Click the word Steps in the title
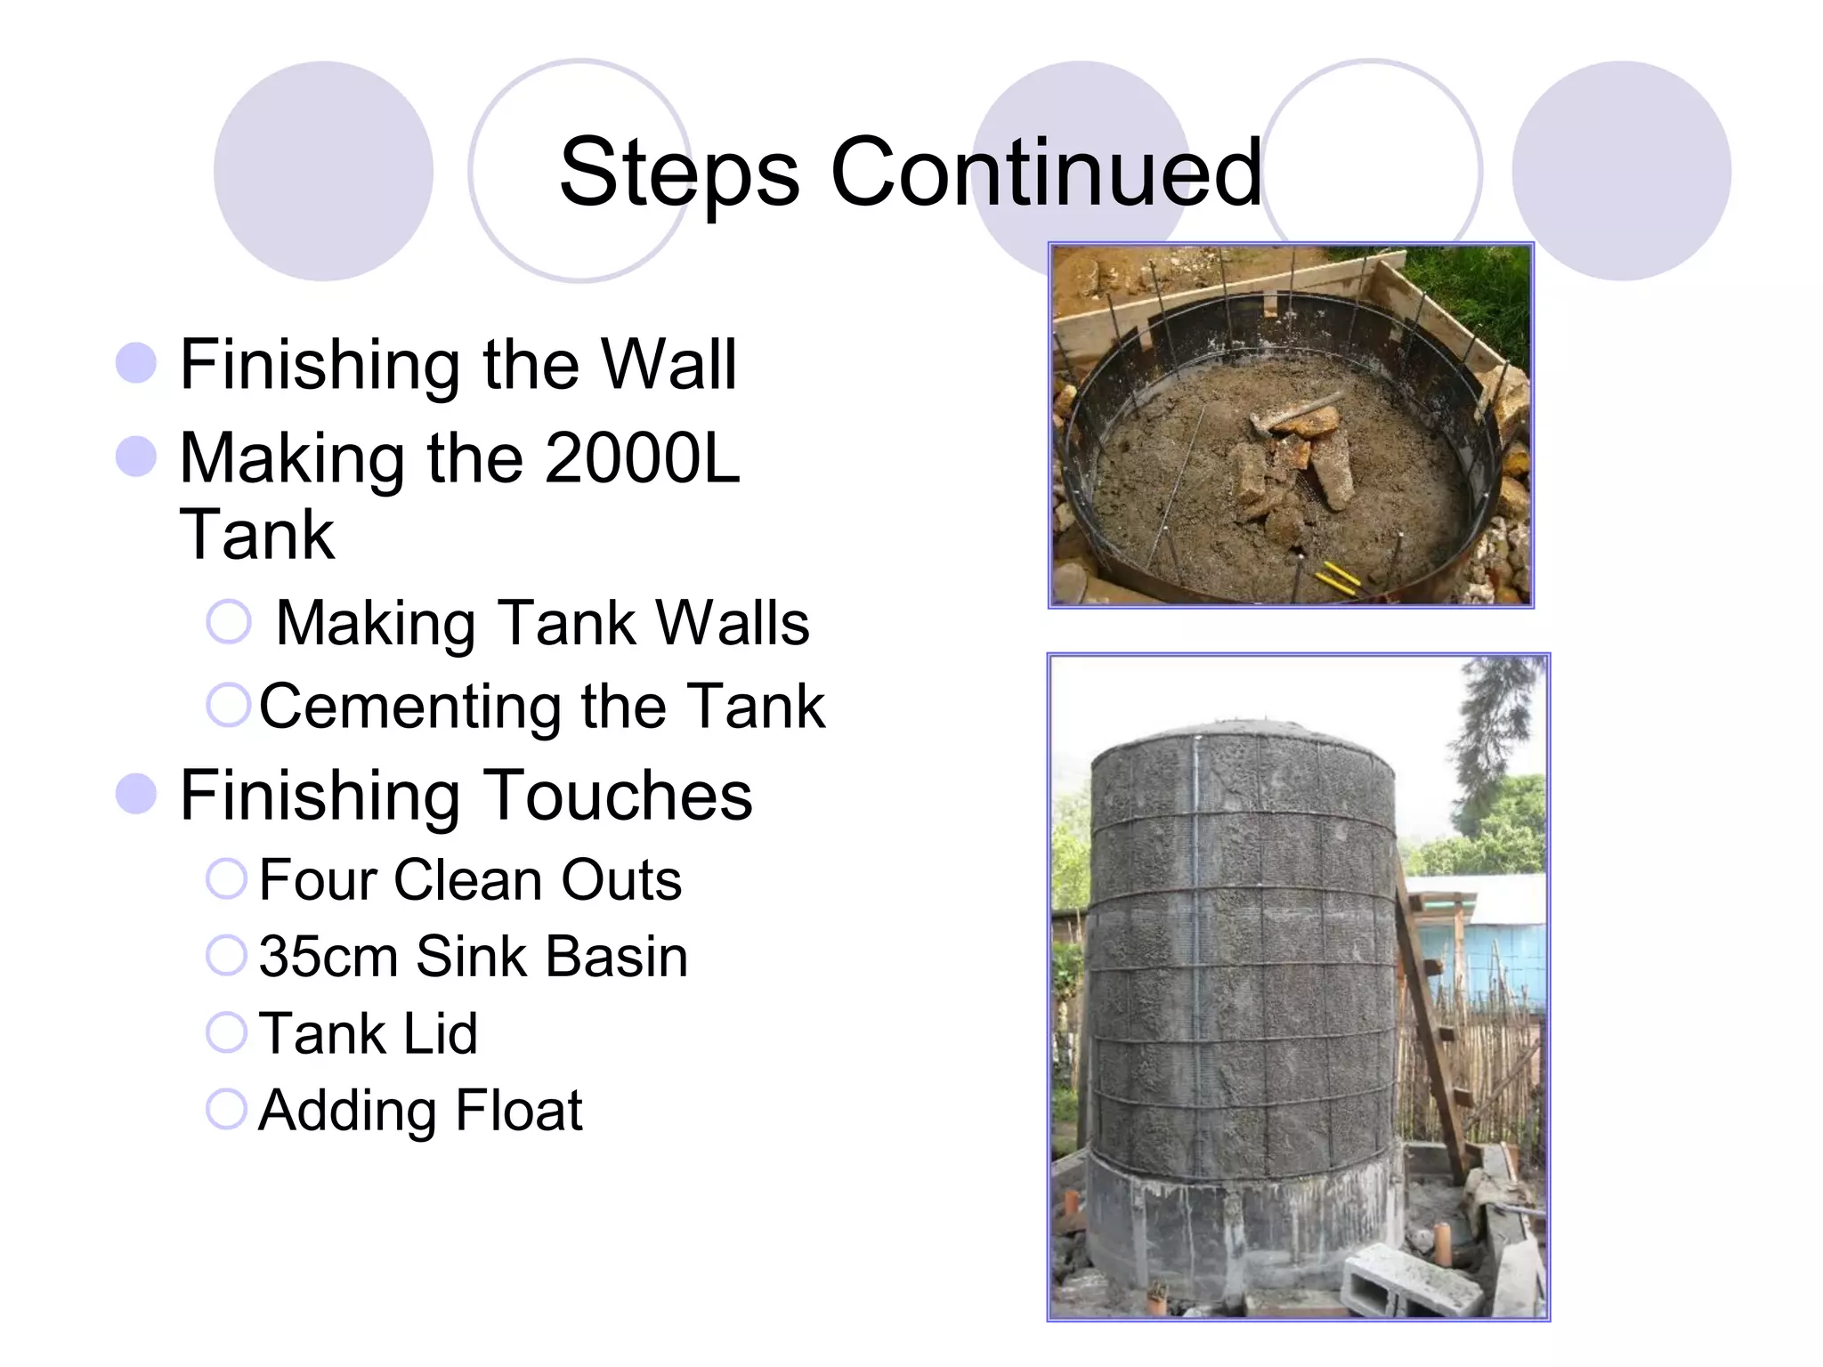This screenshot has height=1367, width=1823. coord(678,174)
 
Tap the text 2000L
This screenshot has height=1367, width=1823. coord(642,458)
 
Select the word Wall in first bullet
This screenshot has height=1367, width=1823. coord(668,364)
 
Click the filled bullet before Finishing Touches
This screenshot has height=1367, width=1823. coord(136,793)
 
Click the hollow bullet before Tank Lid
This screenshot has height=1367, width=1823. coord(226,1032)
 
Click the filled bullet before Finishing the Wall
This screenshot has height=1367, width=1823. coord(136,363)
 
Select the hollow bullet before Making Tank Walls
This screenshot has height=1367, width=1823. coord(229,621)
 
